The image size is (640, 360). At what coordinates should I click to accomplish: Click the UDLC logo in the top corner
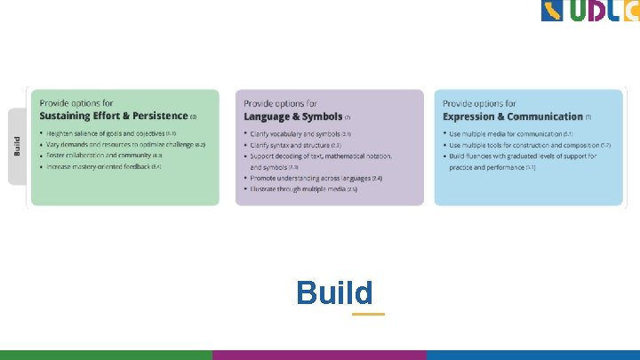[589, 11]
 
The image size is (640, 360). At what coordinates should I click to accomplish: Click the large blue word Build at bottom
[334, 292]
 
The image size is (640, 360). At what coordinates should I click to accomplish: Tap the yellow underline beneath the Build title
[368, 314]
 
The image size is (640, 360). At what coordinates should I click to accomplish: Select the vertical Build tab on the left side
[17, 147]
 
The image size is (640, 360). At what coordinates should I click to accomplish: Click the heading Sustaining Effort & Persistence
[114, 116]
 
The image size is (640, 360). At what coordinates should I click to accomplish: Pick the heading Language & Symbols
[293, 116]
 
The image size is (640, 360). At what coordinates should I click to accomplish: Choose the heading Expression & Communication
[513, 116]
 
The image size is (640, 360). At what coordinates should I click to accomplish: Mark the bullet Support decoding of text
[320, 156]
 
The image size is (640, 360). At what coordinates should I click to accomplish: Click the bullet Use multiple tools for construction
[524, 145]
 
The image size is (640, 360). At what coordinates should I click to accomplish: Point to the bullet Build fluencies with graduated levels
[523, 156]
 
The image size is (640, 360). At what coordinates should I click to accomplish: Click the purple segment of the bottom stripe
[319, 355]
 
